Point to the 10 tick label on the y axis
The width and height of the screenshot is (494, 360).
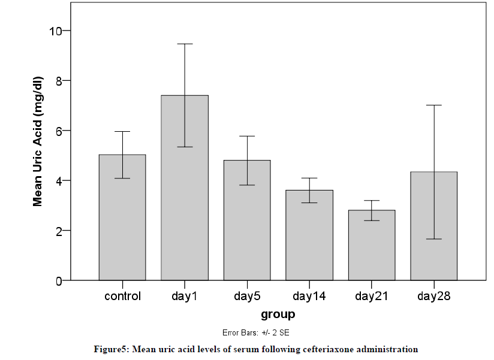coord(58,31)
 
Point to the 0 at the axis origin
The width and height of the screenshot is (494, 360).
coord(58,281)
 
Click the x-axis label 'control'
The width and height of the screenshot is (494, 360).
coord(122,297)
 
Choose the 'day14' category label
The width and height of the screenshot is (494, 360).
coord(309,297)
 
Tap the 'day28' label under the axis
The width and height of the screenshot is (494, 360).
coord(434,297)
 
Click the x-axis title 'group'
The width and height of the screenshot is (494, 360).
coord(278,314)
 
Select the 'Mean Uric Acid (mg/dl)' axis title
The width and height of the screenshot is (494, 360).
coord(38,142)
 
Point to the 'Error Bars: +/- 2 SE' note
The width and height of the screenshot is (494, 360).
coord(256,332)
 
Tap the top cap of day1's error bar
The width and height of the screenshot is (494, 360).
coord(185,44)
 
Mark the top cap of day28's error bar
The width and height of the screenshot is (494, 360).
coord(434,105)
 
